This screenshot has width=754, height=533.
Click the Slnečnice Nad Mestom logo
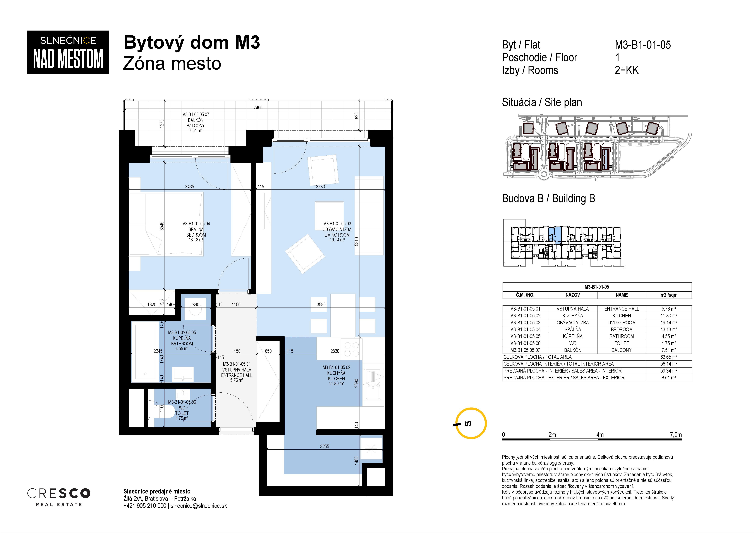point(68,52)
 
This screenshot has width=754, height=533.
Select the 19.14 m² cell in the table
point(669,323)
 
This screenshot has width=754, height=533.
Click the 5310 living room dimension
point(357,241)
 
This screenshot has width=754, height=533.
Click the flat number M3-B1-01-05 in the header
point(643,45)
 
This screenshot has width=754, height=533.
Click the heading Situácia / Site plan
point(542,102)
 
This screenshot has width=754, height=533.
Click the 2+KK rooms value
point(627,70)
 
